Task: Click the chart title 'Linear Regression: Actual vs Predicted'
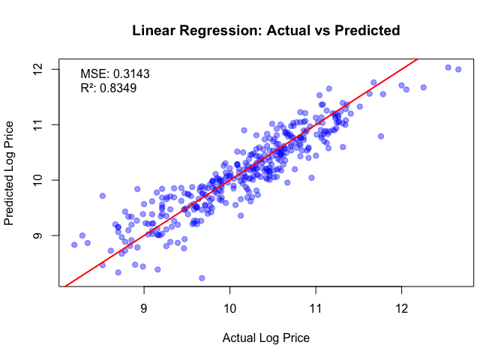coord(265,31)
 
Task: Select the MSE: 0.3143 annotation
coord(115,74)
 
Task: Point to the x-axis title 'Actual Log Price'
coord(265,337)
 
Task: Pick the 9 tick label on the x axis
coord(144,308)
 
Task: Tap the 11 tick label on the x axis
coord(316,308)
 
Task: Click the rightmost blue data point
coord(458,70)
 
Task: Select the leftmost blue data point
coord(74,244)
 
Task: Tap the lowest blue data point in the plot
coord(202,278)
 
